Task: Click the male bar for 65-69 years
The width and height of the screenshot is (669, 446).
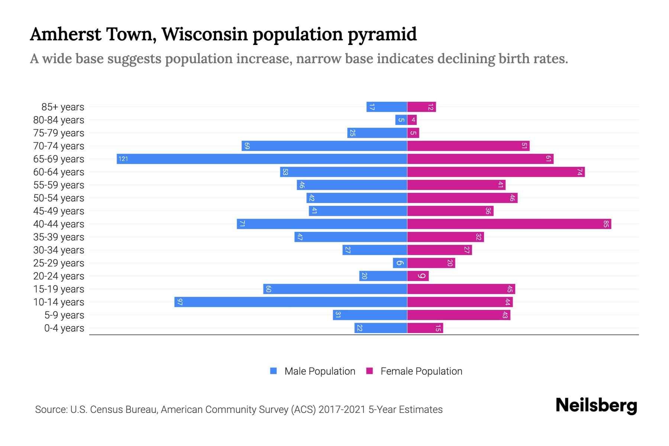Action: coord(262,159)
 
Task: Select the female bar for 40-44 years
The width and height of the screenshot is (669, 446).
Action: coord(509,224)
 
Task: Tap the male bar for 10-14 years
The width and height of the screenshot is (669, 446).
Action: coord(291,302)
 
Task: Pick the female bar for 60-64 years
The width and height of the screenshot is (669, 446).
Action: coord(496,172)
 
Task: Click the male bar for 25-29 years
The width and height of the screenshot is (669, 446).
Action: coord(400,263)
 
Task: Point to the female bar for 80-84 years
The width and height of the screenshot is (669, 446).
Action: coord(412,120)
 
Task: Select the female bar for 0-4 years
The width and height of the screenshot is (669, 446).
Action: coord(425,328)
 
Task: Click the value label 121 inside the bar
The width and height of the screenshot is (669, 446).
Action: coord(123,159)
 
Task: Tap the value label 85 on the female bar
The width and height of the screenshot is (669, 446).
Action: coord(606,224)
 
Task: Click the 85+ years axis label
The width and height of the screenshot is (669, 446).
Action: coord(63,107)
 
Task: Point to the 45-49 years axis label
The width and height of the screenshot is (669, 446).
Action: coord(59,211)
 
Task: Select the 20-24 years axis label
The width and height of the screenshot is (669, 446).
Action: coord(59,276)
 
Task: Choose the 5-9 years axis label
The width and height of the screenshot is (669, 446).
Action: coord(64,315)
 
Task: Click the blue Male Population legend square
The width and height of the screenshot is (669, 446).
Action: coord(274,371)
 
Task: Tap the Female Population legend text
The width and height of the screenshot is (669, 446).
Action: coord(421,371)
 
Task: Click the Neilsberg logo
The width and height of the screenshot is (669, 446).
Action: coord(596,405)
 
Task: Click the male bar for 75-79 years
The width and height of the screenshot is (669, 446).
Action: coord(377,133)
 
